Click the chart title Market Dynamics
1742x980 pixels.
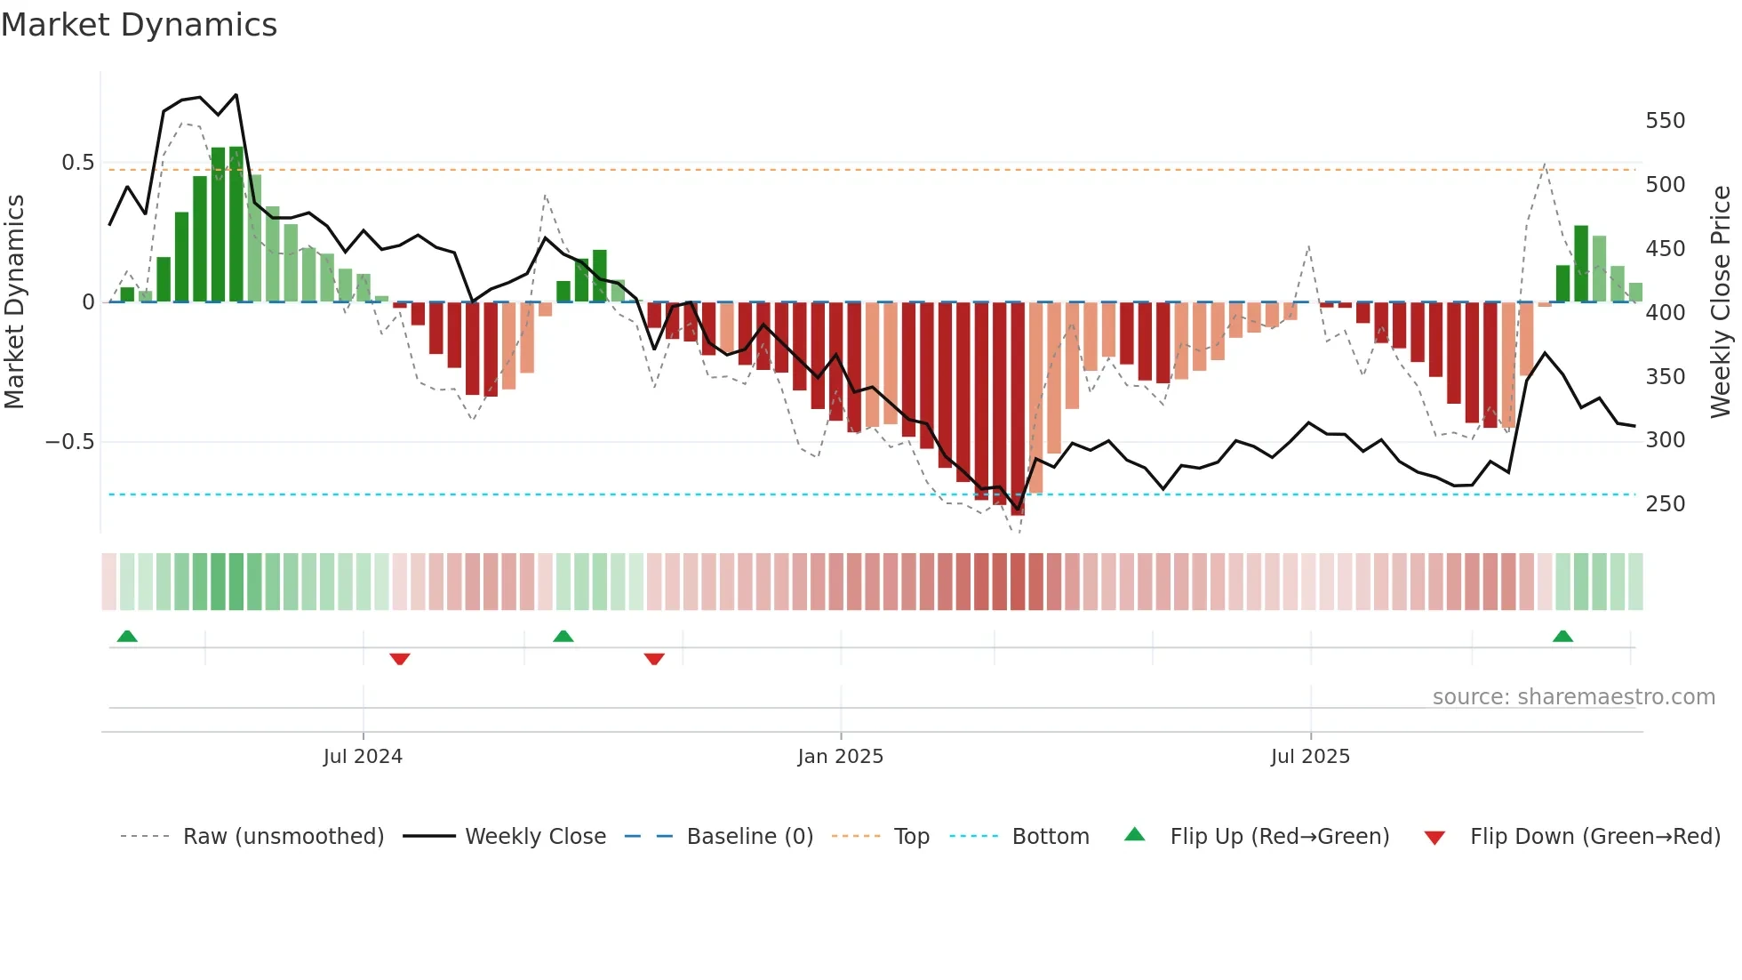139,25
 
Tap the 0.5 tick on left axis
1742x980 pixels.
77,163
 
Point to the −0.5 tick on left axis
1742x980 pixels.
70,442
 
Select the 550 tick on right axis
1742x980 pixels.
1665,121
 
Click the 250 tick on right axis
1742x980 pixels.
1665,504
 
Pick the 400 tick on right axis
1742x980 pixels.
1665,313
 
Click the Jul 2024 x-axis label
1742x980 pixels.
363,757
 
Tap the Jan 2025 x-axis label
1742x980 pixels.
840,757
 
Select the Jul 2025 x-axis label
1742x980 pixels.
1310,757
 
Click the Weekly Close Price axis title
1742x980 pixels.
1721,302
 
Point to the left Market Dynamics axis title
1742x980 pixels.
15,302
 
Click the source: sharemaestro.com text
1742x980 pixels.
1573,697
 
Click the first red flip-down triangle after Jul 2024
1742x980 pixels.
400,659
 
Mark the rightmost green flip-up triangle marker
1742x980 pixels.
1562,636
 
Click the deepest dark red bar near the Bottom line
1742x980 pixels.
1018,409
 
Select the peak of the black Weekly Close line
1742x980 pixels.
236,94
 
